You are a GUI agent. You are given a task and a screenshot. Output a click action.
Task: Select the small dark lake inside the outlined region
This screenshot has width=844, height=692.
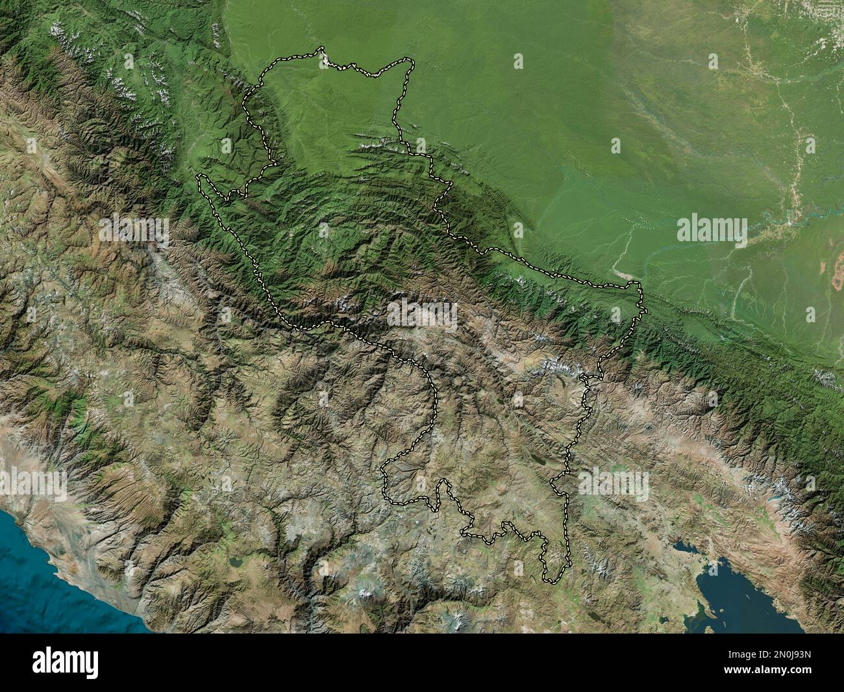coord(538,459)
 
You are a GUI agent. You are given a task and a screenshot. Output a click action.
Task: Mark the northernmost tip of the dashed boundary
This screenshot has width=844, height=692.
coord(321,47)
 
